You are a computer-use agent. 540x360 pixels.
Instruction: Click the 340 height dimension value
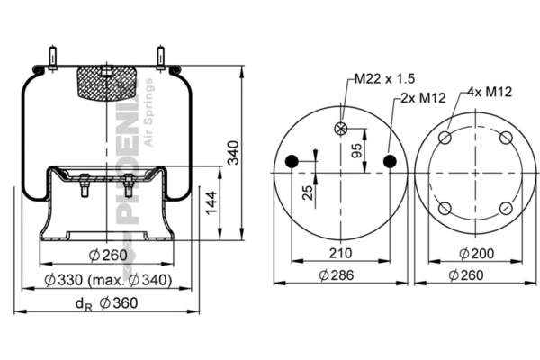click(233, 154)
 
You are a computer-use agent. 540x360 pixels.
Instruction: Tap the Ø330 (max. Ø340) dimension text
click(108, 280)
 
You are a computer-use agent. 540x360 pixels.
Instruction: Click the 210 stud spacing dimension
click(340, 252)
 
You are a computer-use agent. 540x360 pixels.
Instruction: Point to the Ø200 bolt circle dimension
click(475, 252)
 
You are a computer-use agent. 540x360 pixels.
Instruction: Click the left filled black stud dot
click(292, 161)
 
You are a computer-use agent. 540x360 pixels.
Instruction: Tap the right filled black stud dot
click(389, 161)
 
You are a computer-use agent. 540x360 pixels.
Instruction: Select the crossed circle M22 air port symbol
click(340, 128)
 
